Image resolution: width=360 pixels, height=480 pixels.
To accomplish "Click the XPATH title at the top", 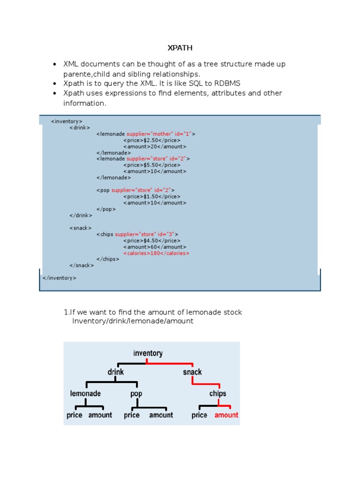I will pos(180,48).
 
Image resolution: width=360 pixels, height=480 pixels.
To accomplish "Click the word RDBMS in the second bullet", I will pos(227,83).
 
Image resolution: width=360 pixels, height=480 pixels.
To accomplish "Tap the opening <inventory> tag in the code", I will pos(67,121).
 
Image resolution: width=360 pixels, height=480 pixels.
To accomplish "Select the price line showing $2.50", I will pos(151,140).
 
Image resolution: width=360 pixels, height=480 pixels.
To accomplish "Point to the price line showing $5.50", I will pos(151,165).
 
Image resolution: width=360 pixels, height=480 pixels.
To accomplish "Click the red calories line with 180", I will pos(156,253).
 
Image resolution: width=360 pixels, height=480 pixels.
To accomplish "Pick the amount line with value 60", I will pos(155,247).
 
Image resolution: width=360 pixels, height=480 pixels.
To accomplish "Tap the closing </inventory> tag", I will pos(59,278).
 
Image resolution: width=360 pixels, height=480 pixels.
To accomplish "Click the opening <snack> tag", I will pos(80,228).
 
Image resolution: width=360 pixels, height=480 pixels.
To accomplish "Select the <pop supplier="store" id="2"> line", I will pos(135,190).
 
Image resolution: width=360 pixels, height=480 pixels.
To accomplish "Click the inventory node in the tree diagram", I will pos(148,353).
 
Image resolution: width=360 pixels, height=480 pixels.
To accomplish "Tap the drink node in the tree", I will pos(116,372).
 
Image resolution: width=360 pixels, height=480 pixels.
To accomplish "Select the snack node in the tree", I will pos(192,372).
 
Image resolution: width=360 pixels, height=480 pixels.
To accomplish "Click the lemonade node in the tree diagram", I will pos(85,394).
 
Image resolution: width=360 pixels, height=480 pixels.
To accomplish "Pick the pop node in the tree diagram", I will pos(136,394).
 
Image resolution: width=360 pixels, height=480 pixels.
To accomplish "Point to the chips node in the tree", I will pos(217,394).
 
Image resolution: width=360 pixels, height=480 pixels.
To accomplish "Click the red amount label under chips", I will pos(226,415).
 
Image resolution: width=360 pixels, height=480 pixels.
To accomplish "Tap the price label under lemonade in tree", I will pos(75,415).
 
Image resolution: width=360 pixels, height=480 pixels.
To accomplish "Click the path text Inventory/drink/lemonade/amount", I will pos(133,321).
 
